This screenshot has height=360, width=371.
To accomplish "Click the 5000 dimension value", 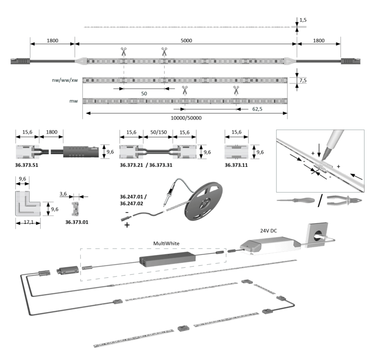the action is point(186,40).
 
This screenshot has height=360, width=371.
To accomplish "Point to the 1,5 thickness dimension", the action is point(303,20).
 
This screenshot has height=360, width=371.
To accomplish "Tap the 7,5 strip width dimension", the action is point(303,81).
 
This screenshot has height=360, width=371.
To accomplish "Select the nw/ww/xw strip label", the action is point(65,80).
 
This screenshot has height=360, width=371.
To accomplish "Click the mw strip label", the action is point(73,101).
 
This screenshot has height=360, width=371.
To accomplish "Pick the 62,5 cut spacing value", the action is point(257,109).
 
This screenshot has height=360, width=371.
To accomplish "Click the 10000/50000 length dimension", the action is point(186,118).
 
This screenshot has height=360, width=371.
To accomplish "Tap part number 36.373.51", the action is point(27,165).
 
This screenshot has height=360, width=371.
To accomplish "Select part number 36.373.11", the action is point(236,165).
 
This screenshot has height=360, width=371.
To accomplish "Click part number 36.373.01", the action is point(77,222).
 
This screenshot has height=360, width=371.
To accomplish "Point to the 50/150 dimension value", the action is point(158,132).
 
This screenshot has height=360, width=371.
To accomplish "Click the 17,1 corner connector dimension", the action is point(29,222).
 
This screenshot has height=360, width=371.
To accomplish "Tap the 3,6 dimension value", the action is point(63,194).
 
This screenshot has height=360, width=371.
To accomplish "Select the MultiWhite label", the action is point(166,243).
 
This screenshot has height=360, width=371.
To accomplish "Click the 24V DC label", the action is point(268,231).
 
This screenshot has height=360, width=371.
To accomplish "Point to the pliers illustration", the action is point(344,201).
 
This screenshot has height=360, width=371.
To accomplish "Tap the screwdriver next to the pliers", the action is point(296,200).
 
